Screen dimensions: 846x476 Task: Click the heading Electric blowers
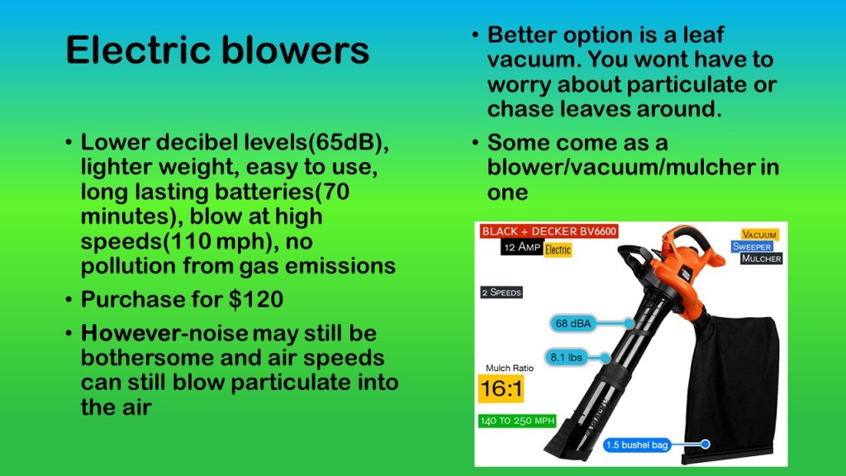pyautogui.click(x=217, y=50)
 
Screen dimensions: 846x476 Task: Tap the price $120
pyautogui.click(x=256, y=299)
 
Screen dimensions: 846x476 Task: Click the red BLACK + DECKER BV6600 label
pyautogui.click(x=549, y=231)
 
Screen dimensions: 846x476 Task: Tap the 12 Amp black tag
pyautogui.click(x=522, y=247)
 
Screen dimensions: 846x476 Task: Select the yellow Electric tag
pyautogui.click(x=558, y=250)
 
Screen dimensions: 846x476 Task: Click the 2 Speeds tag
pyautogui.click(x=501, y=293)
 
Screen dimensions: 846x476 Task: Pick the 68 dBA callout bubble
pyautogui.click(x=573, y=323)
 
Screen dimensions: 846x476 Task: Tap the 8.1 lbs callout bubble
pyautogui.click(x=566, y=357)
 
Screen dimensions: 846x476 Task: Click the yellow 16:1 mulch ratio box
pyautogui.click(x=501, y=388)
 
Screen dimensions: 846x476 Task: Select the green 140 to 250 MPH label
pyautogui.click(x=517, y=421)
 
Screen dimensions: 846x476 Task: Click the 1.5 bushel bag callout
pyautogui.click(x=637, y=445)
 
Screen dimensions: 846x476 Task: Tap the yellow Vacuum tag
pyautogui.click(x=759, y=235)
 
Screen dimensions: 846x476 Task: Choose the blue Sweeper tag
pyautogui.click(x=752, y=246)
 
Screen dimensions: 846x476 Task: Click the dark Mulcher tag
pyautogui.click(x=761, y=259)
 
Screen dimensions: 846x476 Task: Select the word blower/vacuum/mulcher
pyautogui.click(x=621, y=167)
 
